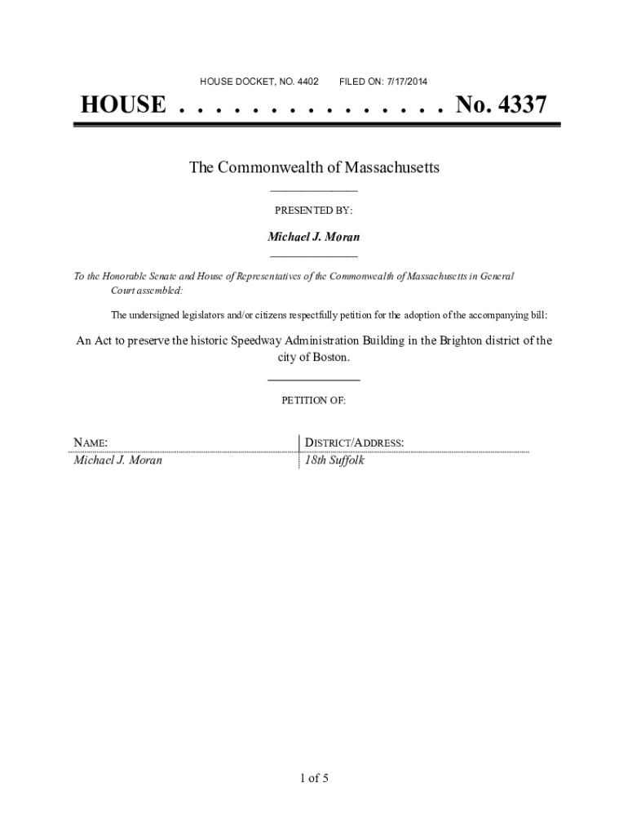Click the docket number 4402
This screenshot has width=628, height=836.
coord(306,82)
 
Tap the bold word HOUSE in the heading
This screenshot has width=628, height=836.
coord(122,105)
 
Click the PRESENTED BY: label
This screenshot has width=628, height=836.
coord(314,211)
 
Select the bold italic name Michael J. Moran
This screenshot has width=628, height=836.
coord(314,237)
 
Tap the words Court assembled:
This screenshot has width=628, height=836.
coord(147,291)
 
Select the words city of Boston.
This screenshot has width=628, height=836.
coord(314,358)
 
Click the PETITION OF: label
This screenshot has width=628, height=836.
coord(314,401)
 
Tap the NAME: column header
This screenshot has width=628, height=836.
coord(91,443)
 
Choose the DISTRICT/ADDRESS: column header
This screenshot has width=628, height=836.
coord(354,443)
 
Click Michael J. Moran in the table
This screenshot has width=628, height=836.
coord(117,460)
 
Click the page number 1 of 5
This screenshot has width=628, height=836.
coord(314,778)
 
